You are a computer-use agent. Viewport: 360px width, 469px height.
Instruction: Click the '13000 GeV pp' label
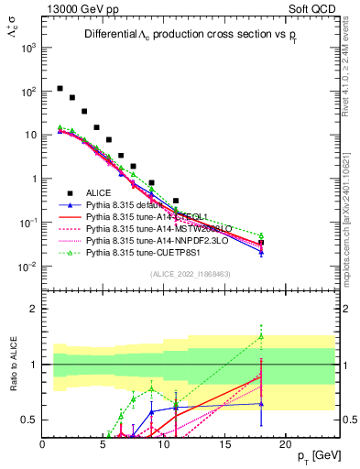coord(77,8)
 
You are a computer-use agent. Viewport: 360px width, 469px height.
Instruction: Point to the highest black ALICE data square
coord(60,89)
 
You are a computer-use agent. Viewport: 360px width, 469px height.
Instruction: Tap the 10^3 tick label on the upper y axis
coord(29,47)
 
